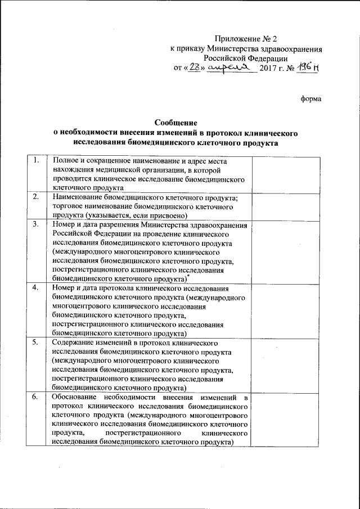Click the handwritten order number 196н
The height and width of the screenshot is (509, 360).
point(308,67)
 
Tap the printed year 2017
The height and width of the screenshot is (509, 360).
point(269,69)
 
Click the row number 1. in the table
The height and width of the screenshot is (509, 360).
point(35,161)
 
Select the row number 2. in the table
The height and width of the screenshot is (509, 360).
point(35,197)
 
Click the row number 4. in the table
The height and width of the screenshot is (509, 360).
point(35,288)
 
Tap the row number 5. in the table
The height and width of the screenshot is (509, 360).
point(35,342)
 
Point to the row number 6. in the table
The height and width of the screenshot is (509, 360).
point(35,397)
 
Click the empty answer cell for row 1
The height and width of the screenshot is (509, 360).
point(285,174)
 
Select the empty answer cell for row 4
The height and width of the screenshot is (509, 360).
point(285,310)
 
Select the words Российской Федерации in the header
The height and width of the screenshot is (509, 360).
point(246,58)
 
